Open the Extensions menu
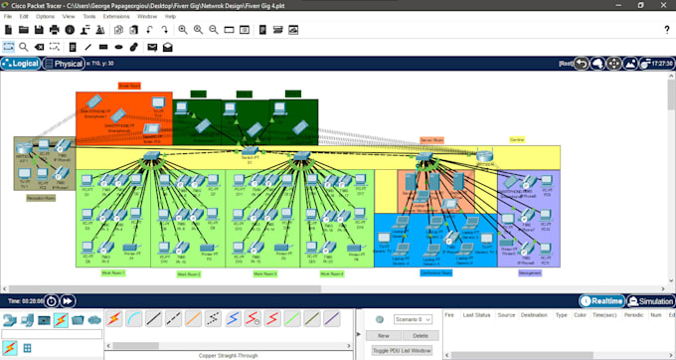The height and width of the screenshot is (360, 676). tap(115, 17)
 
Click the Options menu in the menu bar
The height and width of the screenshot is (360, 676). tap(45, 17)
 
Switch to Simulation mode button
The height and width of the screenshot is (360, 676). tap(654, 301)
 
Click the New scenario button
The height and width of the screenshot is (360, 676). tap(383, 336)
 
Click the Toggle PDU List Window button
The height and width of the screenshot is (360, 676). tap(402, 350)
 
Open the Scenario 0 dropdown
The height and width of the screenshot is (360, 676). tap(414, 319)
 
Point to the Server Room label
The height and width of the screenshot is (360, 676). tap(431, 140)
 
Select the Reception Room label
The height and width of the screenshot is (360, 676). tap(41, 197)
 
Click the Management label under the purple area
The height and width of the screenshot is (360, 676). tap(529, 271)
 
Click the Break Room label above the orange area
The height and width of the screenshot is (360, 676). tap(129, 87)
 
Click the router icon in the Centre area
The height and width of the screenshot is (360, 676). tap(485, 155)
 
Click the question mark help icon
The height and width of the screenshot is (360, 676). tap(666, 30)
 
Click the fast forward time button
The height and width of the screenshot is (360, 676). tap(68, 300)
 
